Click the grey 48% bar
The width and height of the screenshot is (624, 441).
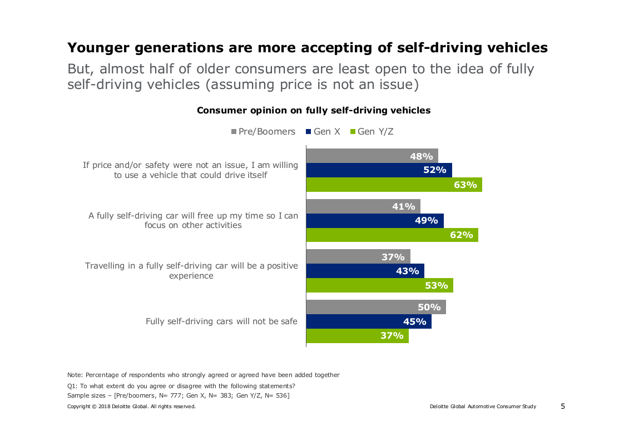pyautogui.click(x=372, y=156)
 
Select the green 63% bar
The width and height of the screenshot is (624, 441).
pyautogui.click(x=394, y=185)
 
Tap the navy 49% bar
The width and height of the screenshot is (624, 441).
pyautogui.click(x=375, y=221)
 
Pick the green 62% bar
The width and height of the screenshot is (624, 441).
pyautogui.click(x=392, y=235)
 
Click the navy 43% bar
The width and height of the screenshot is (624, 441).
pyautogui.click(x=365, y=271)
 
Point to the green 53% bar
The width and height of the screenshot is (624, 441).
pyautogui.click(x=379, y=285)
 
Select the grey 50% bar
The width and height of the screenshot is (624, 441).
pyautogui.click(x=375, y=307)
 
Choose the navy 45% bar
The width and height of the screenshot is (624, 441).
pyautogui.click(x=368, y=321)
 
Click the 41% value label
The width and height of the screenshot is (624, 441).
pyautogui.click(x=404, y=206)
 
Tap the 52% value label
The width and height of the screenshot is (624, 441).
pyautogui.click(x=435, y=170)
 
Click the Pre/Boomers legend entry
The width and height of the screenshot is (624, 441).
pyautogui.click(x=264, y=132)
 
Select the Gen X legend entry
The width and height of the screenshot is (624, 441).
pyautogui.click(x=323, y=132)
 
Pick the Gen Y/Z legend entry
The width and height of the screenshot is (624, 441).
pyautogui.click(x=372, y=132)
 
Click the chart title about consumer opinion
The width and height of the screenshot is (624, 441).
pyautogui.click(x=314, y=110)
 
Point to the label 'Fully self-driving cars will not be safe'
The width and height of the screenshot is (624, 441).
pyautogui.click(x=221, y=321)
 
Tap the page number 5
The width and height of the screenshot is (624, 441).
pyautogui.click(x=562, y=406)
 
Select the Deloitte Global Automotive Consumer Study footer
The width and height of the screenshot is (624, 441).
pyautogui.click(x=483, y=407)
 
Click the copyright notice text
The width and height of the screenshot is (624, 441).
pyautogui.click(x=131, y=407)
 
